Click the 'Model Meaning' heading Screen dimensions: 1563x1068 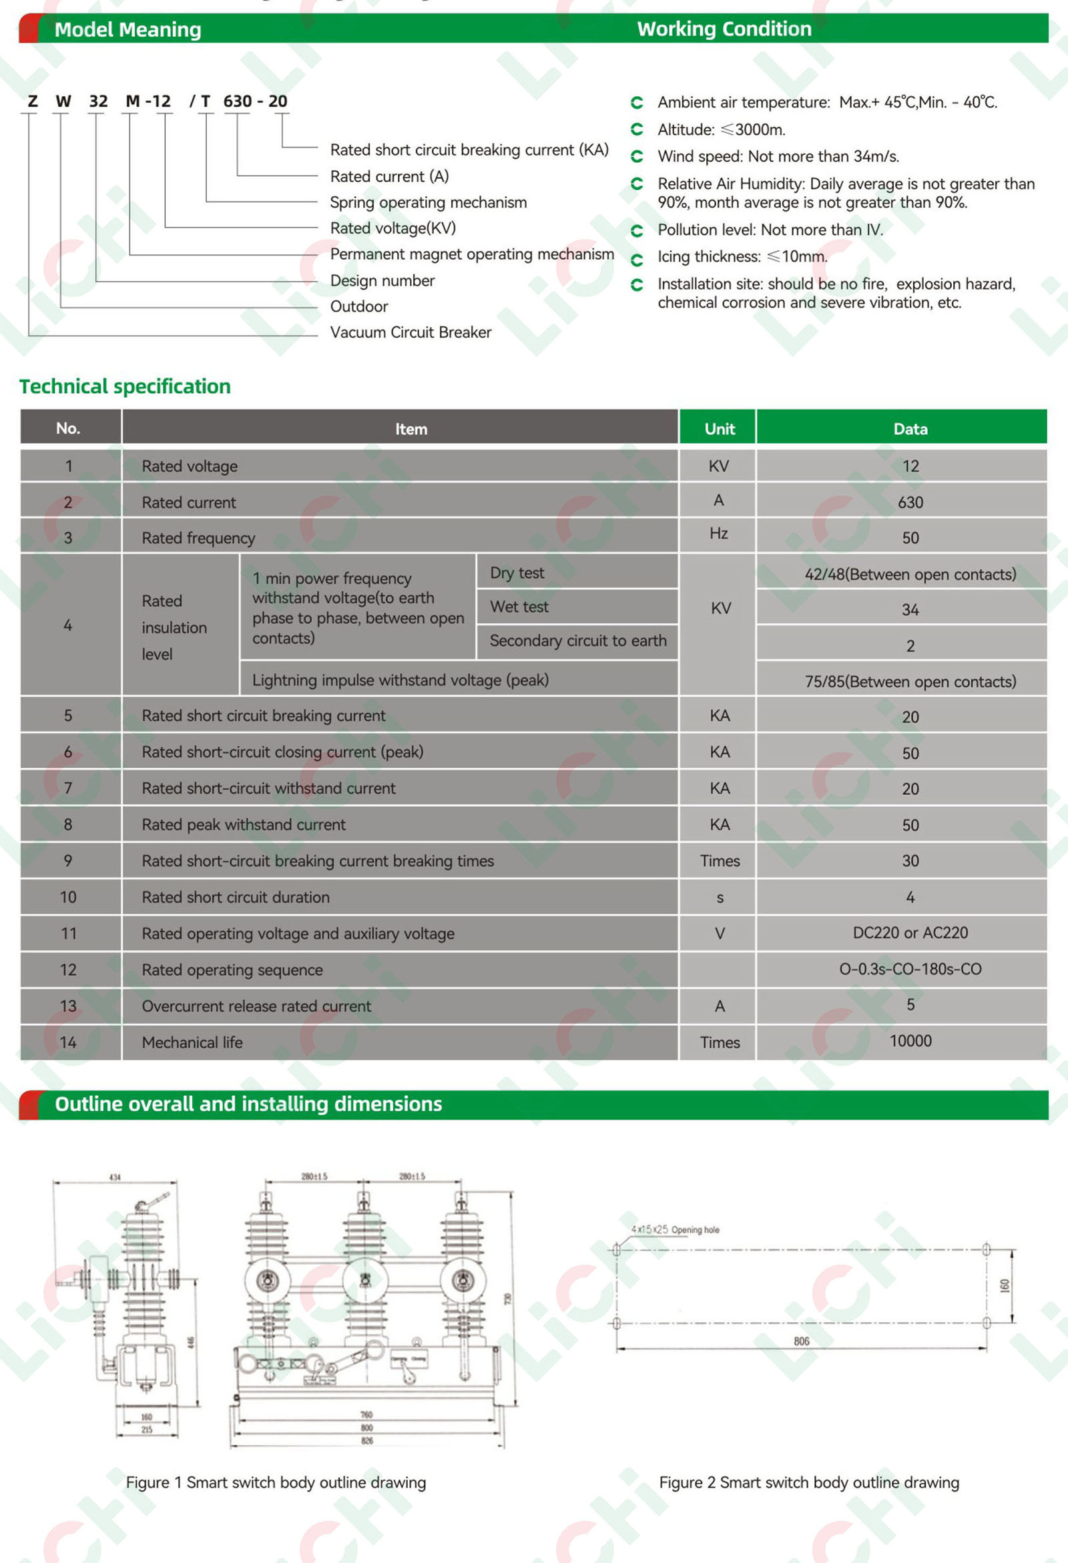pyautogui.click(x=127, y=29)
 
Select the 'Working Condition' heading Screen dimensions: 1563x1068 pyautogui.click(x=724, y=29)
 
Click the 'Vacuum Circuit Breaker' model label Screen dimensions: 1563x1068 pyautogui.click(x=411, y=332)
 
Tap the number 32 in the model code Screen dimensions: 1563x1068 pyautogui.click(x=98, y=101)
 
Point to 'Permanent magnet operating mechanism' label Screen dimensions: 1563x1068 pyautogui.click(x=471, y=254)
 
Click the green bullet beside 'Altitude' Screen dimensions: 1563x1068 pyautogui.click(x=637, y=129)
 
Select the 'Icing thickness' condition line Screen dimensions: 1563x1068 pyautogui.click(x=742, y=257)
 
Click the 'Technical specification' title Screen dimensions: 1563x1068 pyautogui.click(x=125, y=386)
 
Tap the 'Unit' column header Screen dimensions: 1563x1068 pyautogui.click(x=719, y=429)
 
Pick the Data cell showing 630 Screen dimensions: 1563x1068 pyautogui.click(x=910, y=503)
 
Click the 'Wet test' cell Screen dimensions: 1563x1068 pyautogui.click(x=519, y=607)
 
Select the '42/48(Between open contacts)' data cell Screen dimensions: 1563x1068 pyautogui.click(x=910, y=575)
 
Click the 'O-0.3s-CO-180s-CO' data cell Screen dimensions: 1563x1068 pyautogui.click(x=910, y=969)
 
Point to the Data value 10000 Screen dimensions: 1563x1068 pyautogui.click(x=910, y=1041)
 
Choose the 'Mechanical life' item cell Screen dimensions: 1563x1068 pyautogui.click(x=192, y=1042)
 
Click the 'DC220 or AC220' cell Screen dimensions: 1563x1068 pyautogui.click(x=910, y=933)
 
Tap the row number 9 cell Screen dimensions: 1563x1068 pyautogui.click(x=68, y=861)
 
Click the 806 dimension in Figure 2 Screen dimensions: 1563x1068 pyautogui.click(x=801, y=1341)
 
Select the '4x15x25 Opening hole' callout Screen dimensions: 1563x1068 pyautogui.click(x=675, y=1230)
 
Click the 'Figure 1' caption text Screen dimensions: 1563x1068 pyautogui.click(x=276, y=1482)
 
